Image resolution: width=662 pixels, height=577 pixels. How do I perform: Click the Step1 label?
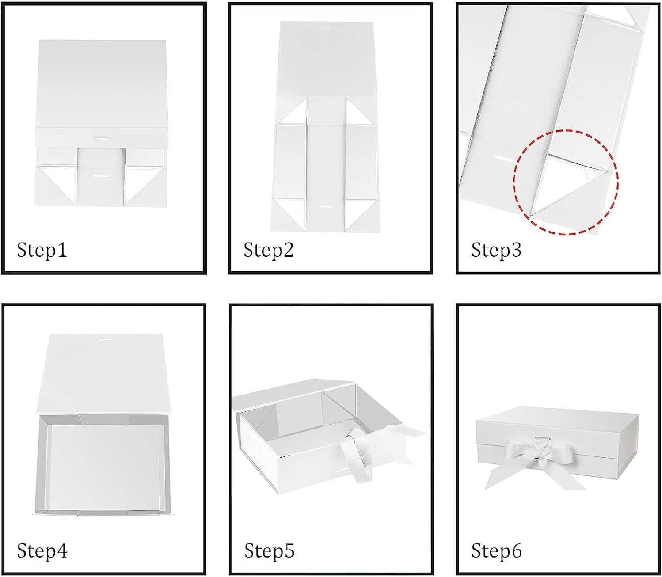point(42,250)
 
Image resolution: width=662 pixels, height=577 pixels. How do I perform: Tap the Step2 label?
point(269,250)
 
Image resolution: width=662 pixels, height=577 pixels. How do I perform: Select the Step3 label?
point(496,250)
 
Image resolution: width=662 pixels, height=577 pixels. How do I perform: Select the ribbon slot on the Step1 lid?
point(100,138)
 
